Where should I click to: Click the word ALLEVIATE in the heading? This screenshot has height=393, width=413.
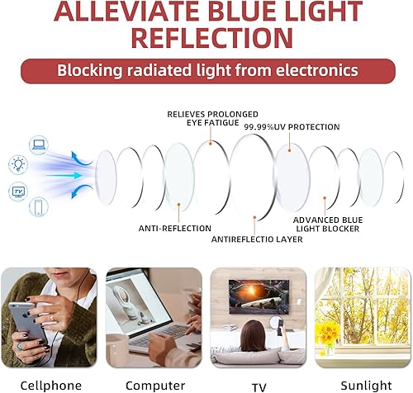pos(126,11)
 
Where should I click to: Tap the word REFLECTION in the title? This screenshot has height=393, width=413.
pos(212,38)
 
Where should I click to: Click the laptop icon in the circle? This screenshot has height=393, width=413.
pos(39,144)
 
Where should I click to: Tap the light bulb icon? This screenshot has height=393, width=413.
pos(18,165)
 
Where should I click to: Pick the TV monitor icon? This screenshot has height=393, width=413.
pos(18,192)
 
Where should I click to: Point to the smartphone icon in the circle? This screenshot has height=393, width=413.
pos(39,206)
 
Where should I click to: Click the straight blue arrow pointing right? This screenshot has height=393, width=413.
pos(64,175)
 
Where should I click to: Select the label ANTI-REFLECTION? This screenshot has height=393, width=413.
pos(175,229)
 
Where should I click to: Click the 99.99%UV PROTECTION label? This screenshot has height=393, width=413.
pos(292,127)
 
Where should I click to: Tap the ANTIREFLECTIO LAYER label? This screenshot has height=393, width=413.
pos(257,239)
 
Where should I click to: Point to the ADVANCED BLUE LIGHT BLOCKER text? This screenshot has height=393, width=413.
pos(328,225)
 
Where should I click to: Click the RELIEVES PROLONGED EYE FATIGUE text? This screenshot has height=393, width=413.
pos(212,118)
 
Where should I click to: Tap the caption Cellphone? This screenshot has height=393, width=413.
pos(51,385)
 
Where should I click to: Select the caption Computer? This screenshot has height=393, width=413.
pos(155,386)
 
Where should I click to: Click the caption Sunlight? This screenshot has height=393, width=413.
pos(366,385)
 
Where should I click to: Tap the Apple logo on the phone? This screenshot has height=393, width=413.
pos(27,314)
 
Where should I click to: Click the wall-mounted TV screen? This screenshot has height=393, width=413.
pos(259,296)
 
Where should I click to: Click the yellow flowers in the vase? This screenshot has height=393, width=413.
pos(327,334)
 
